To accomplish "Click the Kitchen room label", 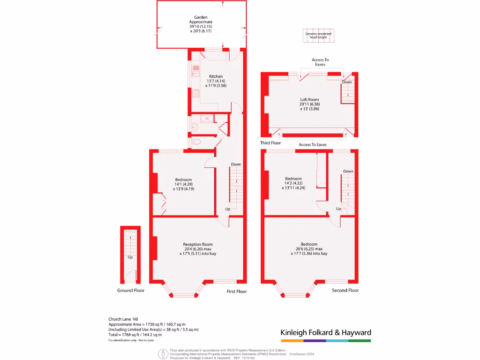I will [x=216, y=76].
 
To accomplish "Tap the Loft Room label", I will [x=309, y=99].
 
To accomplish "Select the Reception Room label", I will [x=198, y=244].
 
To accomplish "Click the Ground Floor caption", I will [x=131, y=291].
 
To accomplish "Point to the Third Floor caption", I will [x=270, y=142].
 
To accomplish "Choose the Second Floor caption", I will [x=345, y=291].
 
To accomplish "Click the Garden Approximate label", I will [x=201, y=20].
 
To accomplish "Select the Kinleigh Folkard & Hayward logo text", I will [x=326, y=332].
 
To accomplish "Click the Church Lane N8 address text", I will [x=124, y=319].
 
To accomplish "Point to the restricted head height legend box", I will [x=318, y=36].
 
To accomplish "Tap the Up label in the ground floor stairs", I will [x=130, y=257].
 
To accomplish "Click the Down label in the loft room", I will [x=347, y=82].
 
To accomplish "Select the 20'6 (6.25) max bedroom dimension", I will [x=309, y=249].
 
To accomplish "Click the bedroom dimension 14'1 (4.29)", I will [x=183, y=184].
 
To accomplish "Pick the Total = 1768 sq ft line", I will [x=134, y=335].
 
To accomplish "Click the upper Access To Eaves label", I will [x=320, y=62].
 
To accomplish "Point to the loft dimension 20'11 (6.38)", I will [x=309, y=104].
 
